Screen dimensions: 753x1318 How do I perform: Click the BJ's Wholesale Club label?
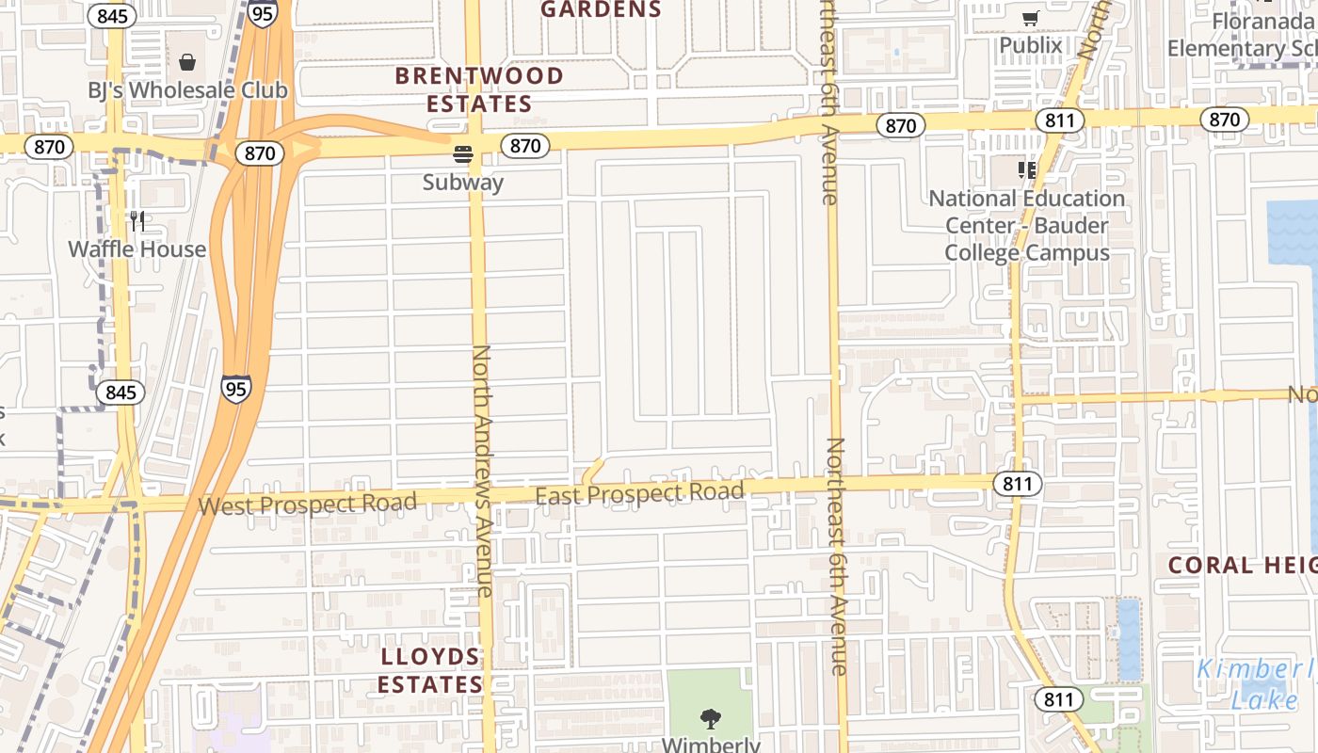(187, 90)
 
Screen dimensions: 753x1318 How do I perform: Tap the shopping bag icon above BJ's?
(187, 62)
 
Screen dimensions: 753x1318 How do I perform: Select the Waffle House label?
(137, 249)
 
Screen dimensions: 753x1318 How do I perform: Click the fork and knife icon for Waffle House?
(137, 221)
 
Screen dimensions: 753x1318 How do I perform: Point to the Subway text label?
(462, 183)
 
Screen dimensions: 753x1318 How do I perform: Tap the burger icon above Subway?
(462, 153)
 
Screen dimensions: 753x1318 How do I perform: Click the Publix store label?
(1030, 45)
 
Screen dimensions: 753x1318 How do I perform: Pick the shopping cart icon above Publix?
(1030, 18)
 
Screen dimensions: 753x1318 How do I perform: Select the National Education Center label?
(1026, 226)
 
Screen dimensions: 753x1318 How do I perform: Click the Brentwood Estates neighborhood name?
(479, 89)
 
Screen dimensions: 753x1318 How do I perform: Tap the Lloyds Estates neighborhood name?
(430, 670)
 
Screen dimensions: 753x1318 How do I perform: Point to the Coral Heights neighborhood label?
(1242, 566)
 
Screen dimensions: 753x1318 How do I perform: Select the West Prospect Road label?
(307, 505)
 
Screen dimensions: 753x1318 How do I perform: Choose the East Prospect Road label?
(639, 493)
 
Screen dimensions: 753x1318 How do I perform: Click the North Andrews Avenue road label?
(482, 471)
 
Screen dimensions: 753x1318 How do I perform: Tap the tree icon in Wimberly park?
(711, 719)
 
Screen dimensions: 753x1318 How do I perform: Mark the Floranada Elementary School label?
(1242, 35)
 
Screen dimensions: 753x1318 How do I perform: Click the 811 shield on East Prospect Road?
(1017, 484)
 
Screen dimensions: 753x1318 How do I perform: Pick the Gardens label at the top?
(601, 9)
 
